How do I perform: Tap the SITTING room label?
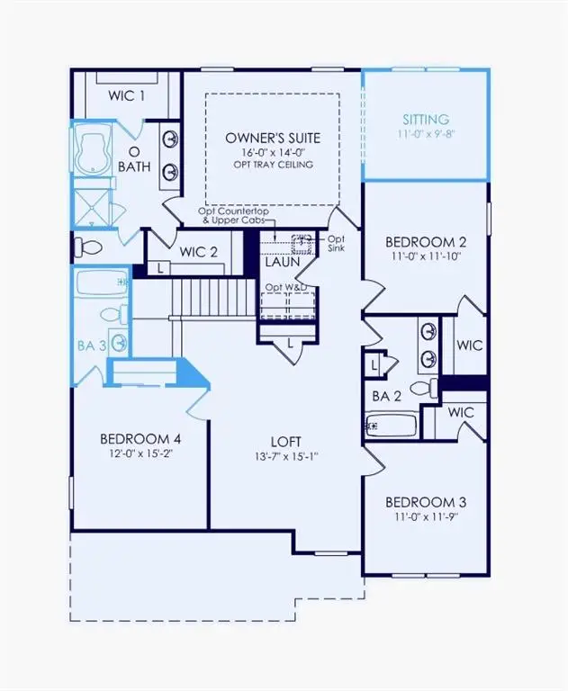coord(425,119)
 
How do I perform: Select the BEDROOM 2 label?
coord(425,241)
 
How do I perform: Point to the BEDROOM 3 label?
coord(425,501)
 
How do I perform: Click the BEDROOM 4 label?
coord(140,438)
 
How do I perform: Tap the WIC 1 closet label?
coord(127,95)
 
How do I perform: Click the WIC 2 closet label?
coord(199,252)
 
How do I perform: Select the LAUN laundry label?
coord(282,262)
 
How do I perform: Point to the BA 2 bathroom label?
coord(386,396)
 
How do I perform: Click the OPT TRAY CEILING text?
coord(272,166)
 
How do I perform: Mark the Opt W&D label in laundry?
coord(286,288)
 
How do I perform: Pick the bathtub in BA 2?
coord(392,424)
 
